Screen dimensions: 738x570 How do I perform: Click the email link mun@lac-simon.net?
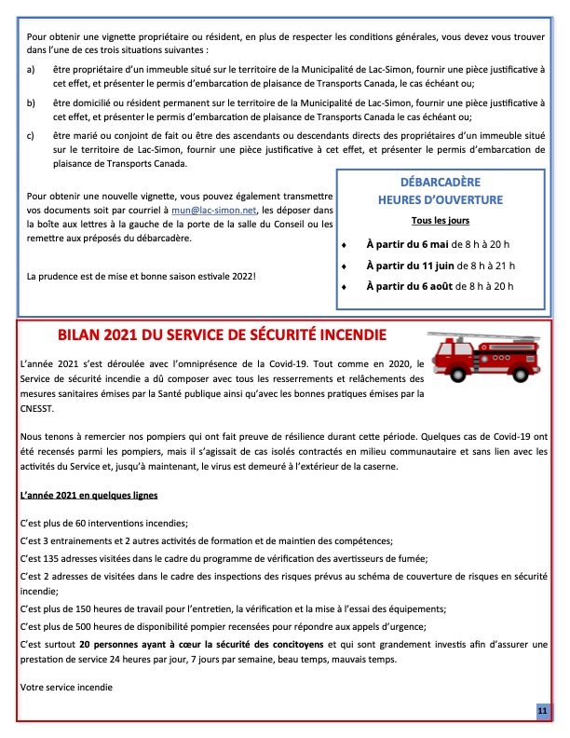[x=201, y=212]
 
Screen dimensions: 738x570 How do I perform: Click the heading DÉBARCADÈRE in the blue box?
[x=441, y=184]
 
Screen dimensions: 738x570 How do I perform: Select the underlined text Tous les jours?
[x=441, y=221]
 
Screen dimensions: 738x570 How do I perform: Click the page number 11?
[x=542, y=711]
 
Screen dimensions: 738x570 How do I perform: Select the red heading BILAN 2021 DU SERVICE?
[x=223, y=334]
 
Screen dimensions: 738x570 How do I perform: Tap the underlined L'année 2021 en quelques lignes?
[x=88, y=495]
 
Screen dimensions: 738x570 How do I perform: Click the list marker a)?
[x=32, y=70]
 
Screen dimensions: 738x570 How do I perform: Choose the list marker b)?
[x=32, y=102]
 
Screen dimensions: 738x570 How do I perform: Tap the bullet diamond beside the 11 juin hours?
[x=345, y=266]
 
